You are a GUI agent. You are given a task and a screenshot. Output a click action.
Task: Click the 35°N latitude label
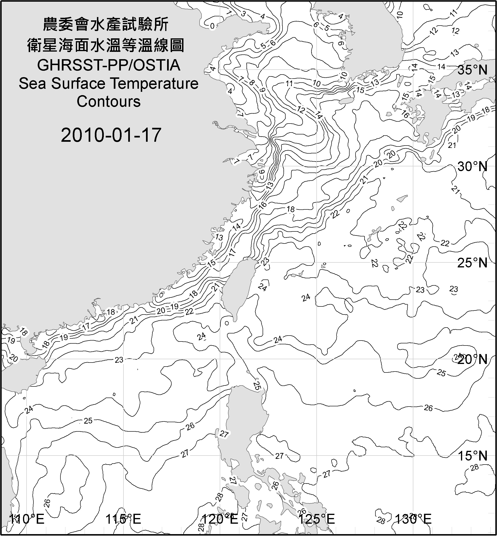(x=473, y=70)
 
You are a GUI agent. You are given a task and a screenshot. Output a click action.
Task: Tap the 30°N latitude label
(x=473, y=167)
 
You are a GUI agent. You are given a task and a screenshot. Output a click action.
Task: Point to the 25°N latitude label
(x=473, y=263)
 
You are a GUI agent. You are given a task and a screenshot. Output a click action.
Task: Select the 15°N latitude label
(x=473, y=456)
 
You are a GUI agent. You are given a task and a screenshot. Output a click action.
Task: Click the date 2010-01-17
(x=111, y=135)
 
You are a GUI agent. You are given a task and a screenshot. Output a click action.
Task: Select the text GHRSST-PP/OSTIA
(x=109, y=65)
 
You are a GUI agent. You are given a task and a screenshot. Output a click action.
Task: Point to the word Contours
(x=109, y=102)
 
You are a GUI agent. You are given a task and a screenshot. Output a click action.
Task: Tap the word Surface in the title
(x=78, y=84)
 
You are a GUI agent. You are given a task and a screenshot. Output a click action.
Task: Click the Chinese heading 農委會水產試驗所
(x=106, y=25)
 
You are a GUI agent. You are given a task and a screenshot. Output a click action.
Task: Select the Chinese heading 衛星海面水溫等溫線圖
(x=106, y=45)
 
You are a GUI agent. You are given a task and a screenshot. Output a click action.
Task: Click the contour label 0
(x=212, y=26)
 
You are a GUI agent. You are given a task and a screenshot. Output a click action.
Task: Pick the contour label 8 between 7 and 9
(x=251, y=82)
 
